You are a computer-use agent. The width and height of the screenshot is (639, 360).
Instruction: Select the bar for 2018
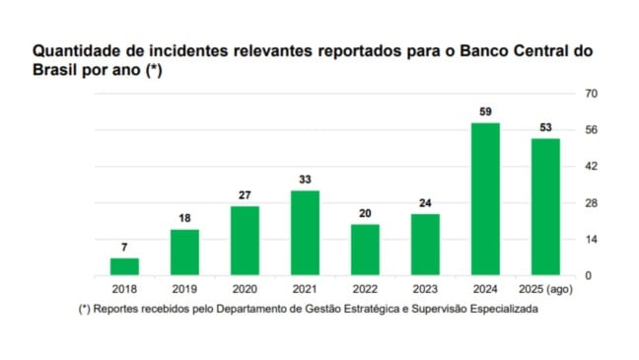click(x=124, y=266)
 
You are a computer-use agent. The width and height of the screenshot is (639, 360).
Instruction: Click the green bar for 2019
click(x=184, y=252)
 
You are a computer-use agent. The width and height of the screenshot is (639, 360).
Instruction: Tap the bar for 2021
click(x=305, y=233)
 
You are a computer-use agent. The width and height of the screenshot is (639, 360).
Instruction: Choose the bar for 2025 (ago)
click(x=545, y=207)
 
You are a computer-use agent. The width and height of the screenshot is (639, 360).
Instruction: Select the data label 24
click(x=425, y=204)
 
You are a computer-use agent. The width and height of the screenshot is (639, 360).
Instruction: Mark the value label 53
click(x=545, y=128)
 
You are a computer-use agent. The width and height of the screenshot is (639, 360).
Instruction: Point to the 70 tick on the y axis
click(x=592, y=94)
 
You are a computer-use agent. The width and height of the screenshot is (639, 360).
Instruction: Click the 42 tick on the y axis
click(x=592, y=167)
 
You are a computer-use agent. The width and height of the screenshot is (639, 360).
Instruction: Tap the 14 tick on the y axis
click(x=592, y=240)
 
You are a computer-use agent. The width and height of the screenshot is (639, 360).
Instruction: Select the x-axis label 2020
click(x=245, y=290)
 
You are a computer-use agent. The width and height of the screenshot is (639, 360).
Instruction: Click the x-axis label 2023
click(x=425, y=290)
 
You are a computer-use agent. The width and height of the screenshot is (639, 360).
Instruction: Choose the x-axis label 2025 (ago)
click(x=545, y=290)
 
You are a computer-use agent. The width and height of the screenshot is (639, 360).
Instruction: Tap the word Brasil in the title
click(x=57, y=70)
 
